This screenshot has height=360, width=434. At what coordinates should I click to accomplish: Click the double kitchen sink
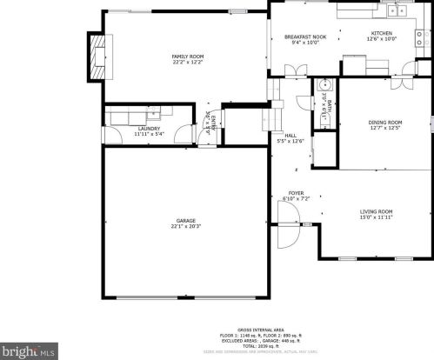tap(397, 10)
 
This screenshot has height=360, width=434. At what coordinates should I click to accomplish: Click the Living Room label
tap(377, 214)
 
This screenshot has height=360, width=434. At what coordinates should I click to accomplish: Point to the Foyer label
tap(297, 197)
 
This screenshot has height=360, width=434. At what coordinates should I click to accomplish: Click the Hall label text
tap(290, 137)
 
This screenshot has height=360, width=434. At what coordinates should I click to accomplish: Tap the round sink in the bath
tap(324, 86)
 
